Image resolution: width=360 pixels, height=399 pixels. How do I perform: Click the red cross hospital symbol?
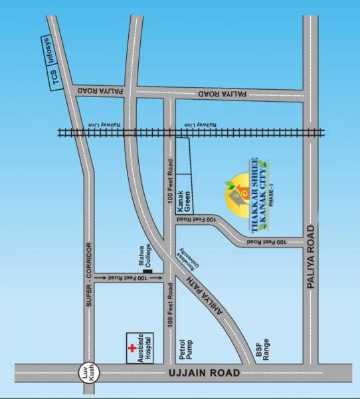tap(131, 348)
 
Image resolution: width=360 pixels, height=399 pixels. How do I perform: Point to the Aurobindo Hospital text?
tap(144, 347)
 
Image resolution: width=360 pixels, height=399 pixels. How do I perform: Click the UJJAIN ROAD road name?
tap(205, 374)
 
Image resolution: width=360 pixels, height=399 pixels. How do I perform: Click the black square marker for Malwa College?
tap(147, 270)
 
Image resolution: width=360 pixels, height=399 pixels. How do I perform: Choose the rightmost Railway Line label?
tap(199, 125)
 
